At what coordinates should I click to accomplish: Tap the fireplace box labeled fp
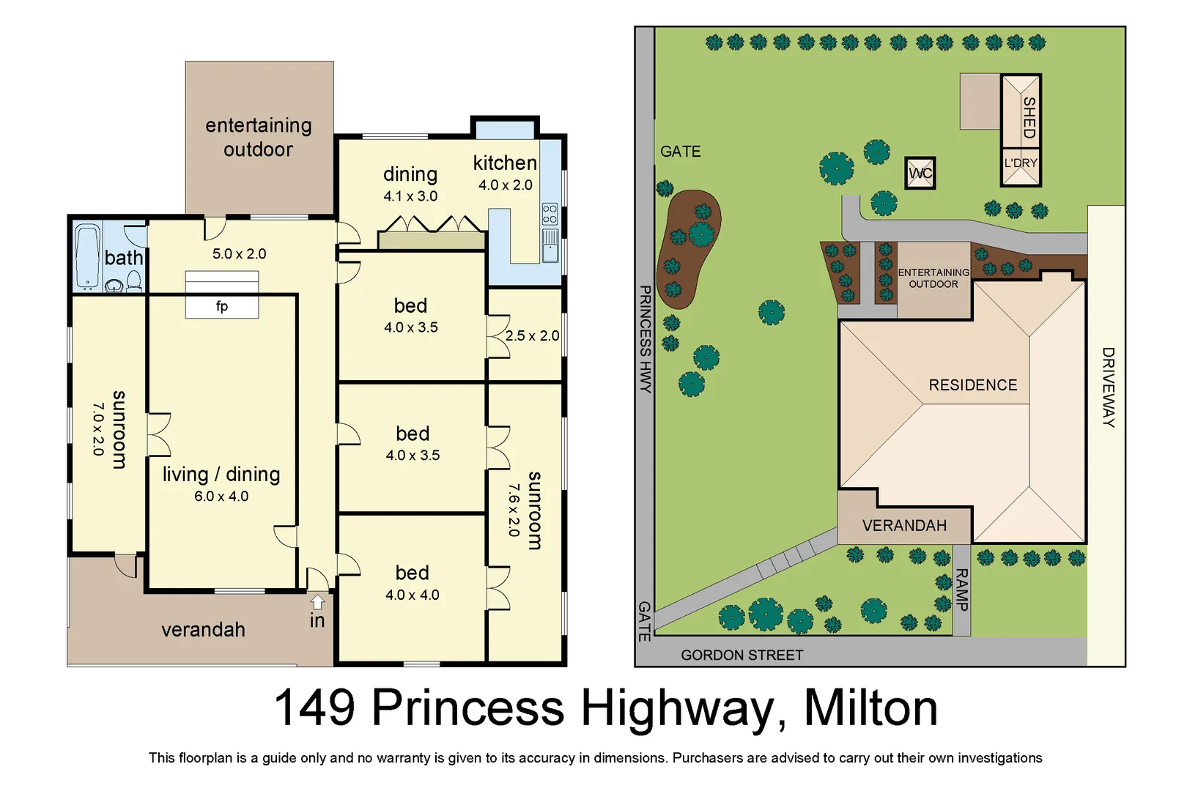[x=222, y=305]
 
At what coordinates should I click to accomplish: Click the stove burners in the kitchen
[x=550, y=214]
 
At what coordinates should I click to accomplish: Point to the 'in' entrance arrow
[x=317, y=602]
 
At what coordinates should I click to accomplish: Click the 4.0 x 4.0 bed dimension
[x=413, y=595]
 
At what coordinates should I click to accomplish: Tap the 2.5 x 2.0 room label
[x=532, y=335]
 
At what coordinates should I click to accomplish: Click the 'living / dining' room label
[x=221, y=474]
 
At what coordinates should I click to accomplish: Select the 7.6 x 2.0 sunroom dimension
[x=514, y=510]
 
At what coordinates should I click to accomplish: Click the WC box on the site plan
[x=920, y=174]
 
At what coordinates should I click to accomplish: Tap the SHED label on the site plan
[x=1029, y=117]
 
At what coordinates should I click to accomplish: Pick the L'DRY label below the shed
[x=1021, y=163]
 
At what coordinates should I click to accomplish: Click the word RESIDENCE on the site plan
[x=972, y=385]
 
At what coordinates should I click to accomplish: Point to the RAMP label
[x=961, y=590]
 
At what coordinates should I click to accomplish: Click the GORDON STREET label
[x=742, y=655]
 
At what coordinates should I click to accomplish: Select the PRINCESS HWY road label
[x=645, y=339]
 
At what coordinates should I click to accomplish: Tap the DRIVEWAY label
[x=1108, y=387]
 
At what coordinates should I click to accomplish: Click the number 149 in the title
[x=314, y=708]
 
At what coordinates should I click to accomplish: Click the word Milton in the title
[x=870, y=708]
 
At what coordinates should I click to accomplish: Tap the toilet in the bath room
[x=134, y=281]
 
